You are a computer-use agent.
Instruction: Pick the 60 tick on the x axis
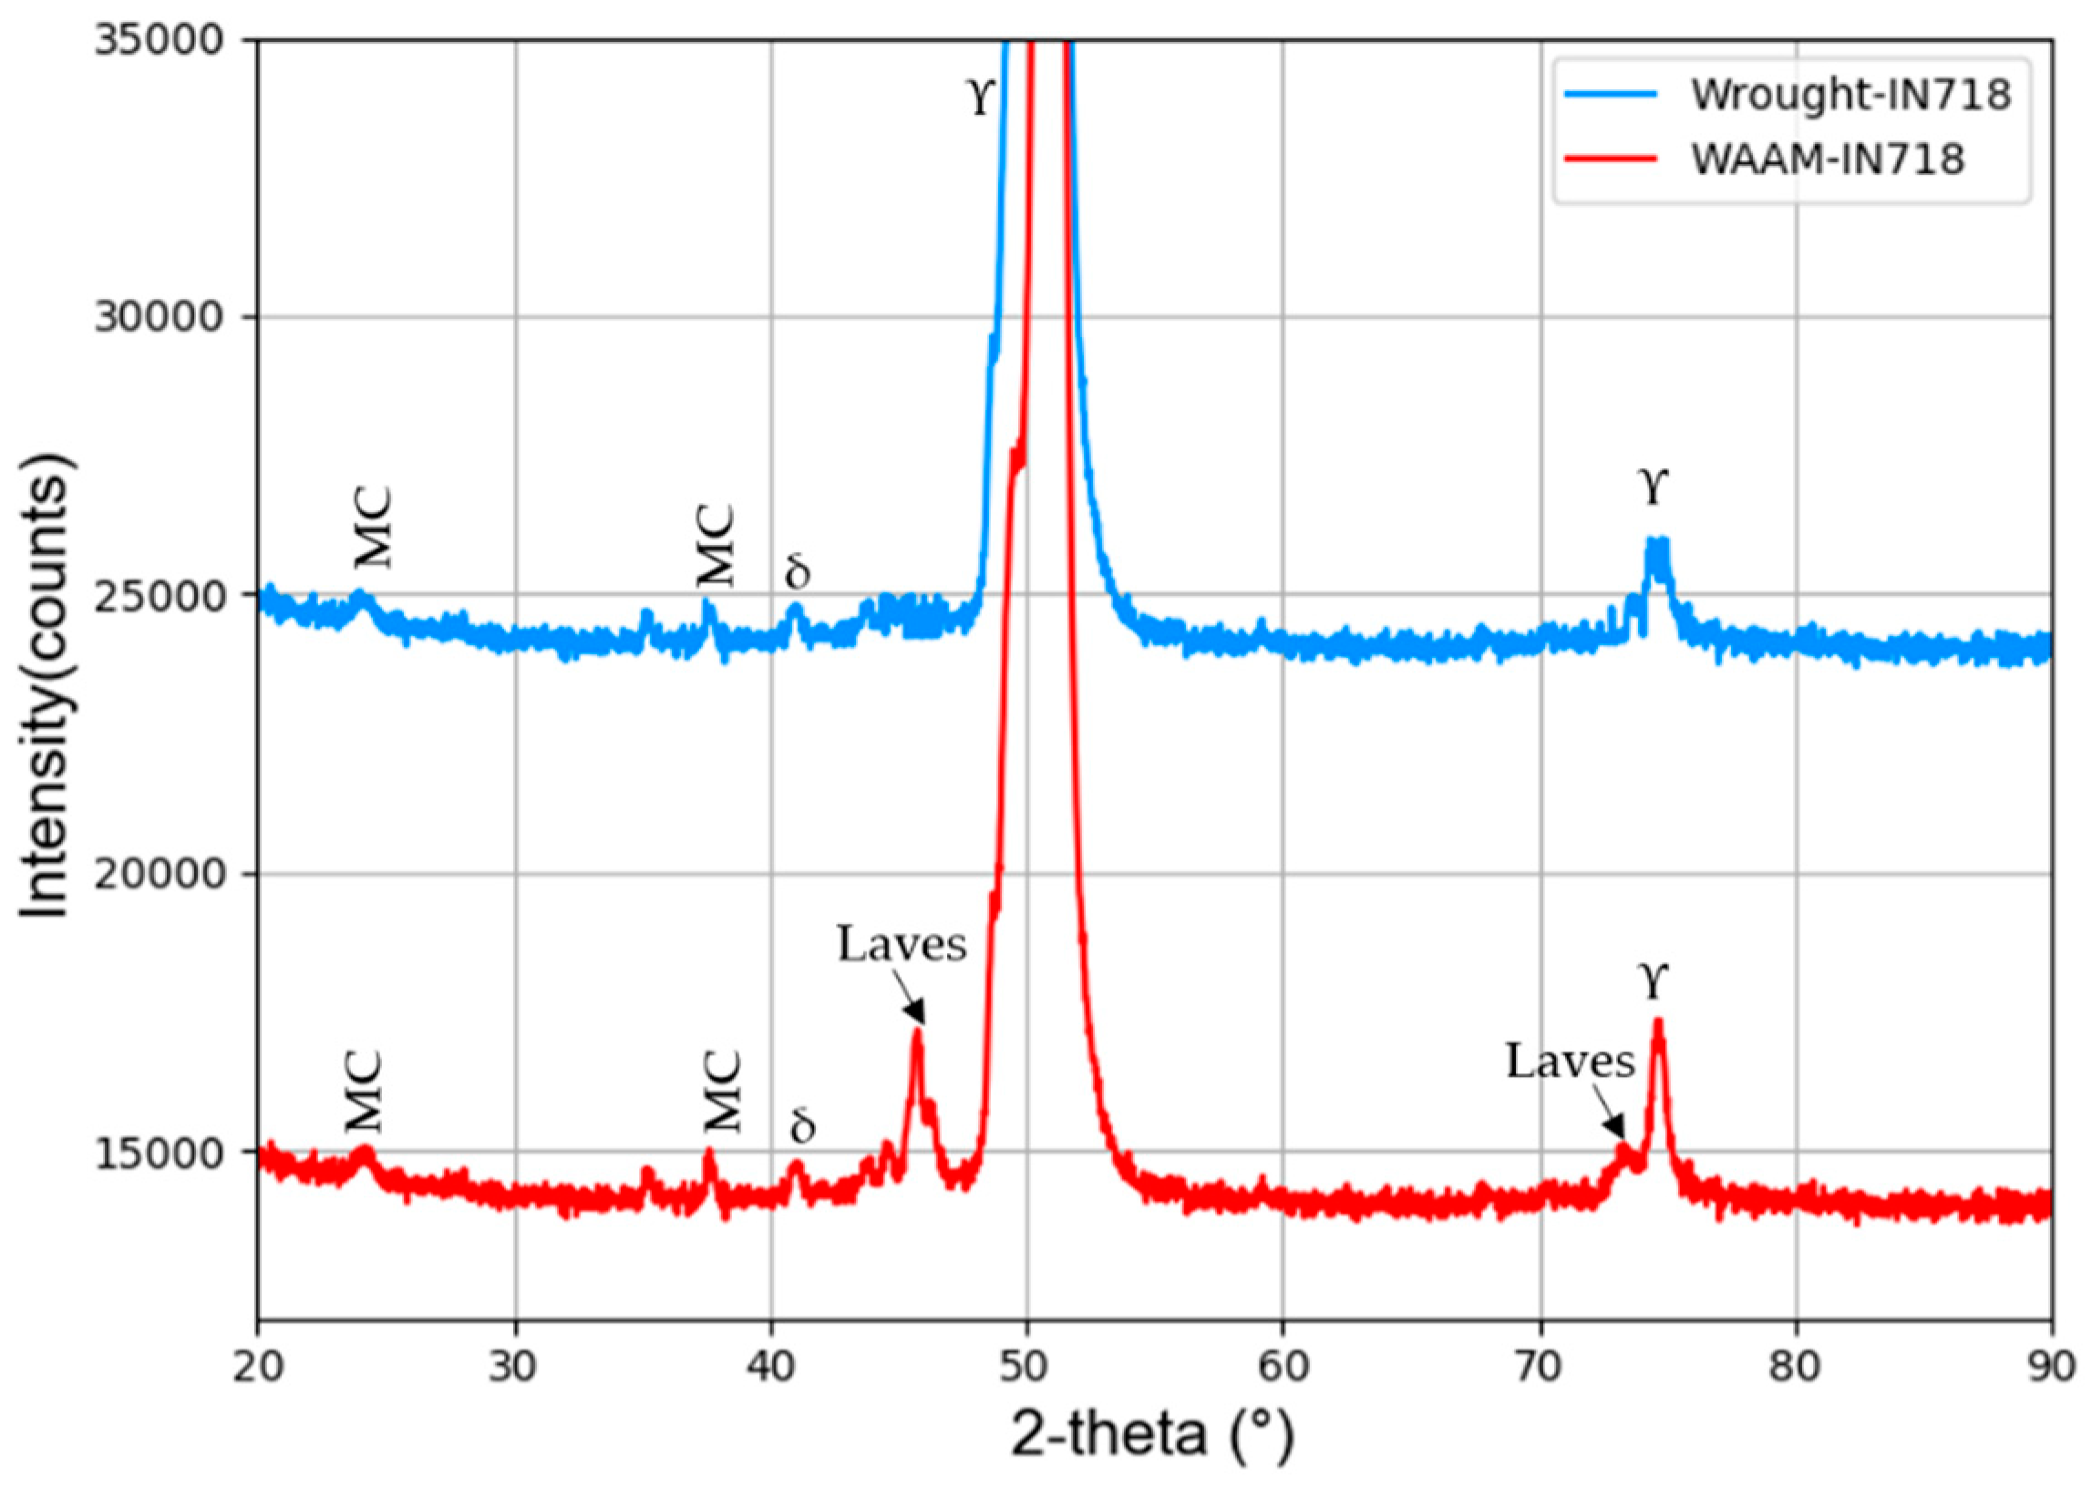pyautogui.click(x=1282, y=1368)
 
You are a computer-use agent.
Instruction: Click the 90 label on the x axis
pyautogui.click(x=2050, y=1368)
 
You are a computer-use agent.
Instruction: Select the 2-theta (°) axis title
pyautogui.click(x=1153, y=1436)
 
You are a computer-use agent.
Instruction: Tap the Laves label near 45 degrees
pyautogui.click(x=902, y=944)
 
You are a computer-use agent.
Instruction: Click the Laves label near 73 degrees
pyautogui.click(x=1571, y=1061)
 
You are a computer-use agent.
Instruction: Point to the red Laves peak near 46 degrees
pyautogui.click(x=916, y=1032)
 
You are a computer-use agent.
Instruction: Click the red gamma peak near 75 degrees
pyautogui.click(x=1657, y=1021)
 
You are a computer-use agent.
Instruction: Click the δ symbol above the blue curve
pyautogui.click(x=798, y=570)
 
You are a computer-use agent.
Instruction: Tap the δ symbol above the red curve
pyautogui.click(x=802, y=1124)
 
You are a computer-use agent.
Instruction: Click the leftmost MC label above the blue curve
pyautogui.click(x=374, y=528)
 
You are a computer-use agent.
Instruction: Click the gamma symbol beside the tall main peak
pyautogui.click(x=982, y=97)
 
